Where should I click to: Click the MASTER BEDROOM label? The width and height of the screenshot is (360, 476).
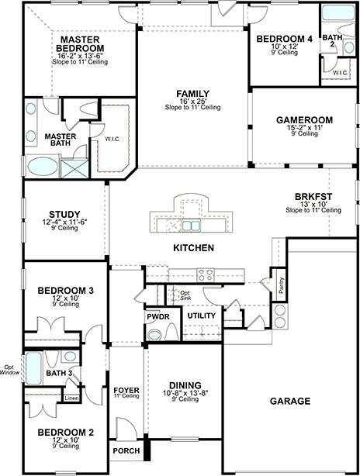click(x=80, y=43)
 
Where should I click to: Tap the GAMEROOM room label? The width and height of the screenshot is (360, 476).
click(x=304, y=120)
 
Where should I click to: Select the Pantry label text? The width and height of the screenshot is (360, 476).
click(x=281, y=285)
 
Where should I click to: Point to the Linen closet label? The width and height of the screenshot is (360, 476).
click(x=71, y=398)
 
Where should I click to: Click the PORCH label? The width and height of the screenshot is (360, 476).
click(x=126, y=450)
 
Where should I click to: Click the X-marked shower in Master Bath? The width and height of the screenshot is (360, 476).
click(x=74, y=168)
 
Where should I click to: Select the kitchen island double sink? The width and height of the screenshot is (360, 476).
click(x=191, y=226)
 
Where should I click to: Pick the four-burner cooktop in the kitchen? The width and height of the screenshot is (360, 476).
click(x=205, y=275)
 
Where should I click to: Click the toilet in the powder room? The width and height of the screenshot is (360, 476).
click(x=171, y=332)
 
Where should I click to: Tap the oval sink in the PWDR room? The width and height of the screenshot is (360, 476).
click(x=155, y=335)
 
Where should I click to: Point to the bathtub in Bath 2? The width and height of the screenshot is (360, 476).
click(x=338, y=13)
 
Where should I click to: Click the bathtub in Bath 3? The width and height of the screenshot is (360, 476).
click(x=33, y=368)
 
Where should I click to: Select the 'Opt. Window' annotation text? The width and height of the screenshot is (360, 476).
click(x=10, y=370)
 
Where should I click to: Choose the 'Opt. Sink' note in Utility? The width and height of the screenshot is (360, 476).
click(x=185, y=295)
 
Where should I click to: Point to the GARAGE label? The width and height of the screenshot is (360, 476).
click(x=290, y=401)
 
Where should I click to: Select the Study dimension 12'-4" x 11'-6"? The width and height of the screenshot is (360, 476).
click(x=64, y=222)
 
